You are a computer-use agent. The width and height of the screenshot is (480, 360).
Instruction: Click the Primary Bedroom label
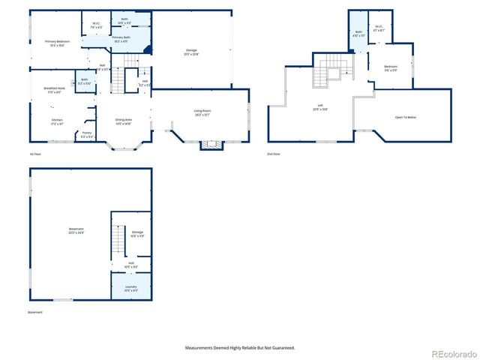pyautogui.click(x=49, y=43)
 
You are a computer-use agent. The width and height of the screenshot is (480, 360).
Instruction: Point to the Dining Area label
pyautogui.click(x=124, y=121)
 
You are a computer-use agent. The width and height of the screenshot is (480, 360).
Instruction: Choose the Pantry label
pyautogui.click(x=87, y=134)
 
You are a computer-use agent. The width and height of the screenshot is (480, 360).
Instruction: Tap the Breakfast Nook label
pyautogui.click(x=54, y=90)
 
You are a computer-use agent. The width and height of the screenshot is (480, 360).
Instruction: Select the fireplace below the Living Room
pyautogui.click(x=211, y=144)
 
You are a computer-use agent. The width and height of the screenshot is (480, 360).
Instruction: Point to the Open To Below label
pyautogui.click(x=407, y=117)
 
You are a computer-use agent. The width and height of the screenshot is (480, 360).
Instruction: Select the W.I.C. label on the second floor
pyautogui.click(x=379, y=29)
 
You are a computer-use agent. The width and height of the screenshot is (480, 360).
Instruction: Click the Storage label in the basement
pyautogui.click(x=137, y=234)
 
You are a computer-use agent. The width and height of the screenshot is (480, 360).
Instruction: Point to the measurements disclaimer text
pyautogui.click(x=240, y=348)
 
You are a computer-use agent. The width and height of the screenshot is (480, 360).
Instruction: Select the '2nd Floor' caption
pyautogui.click(x=274, y=154)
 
